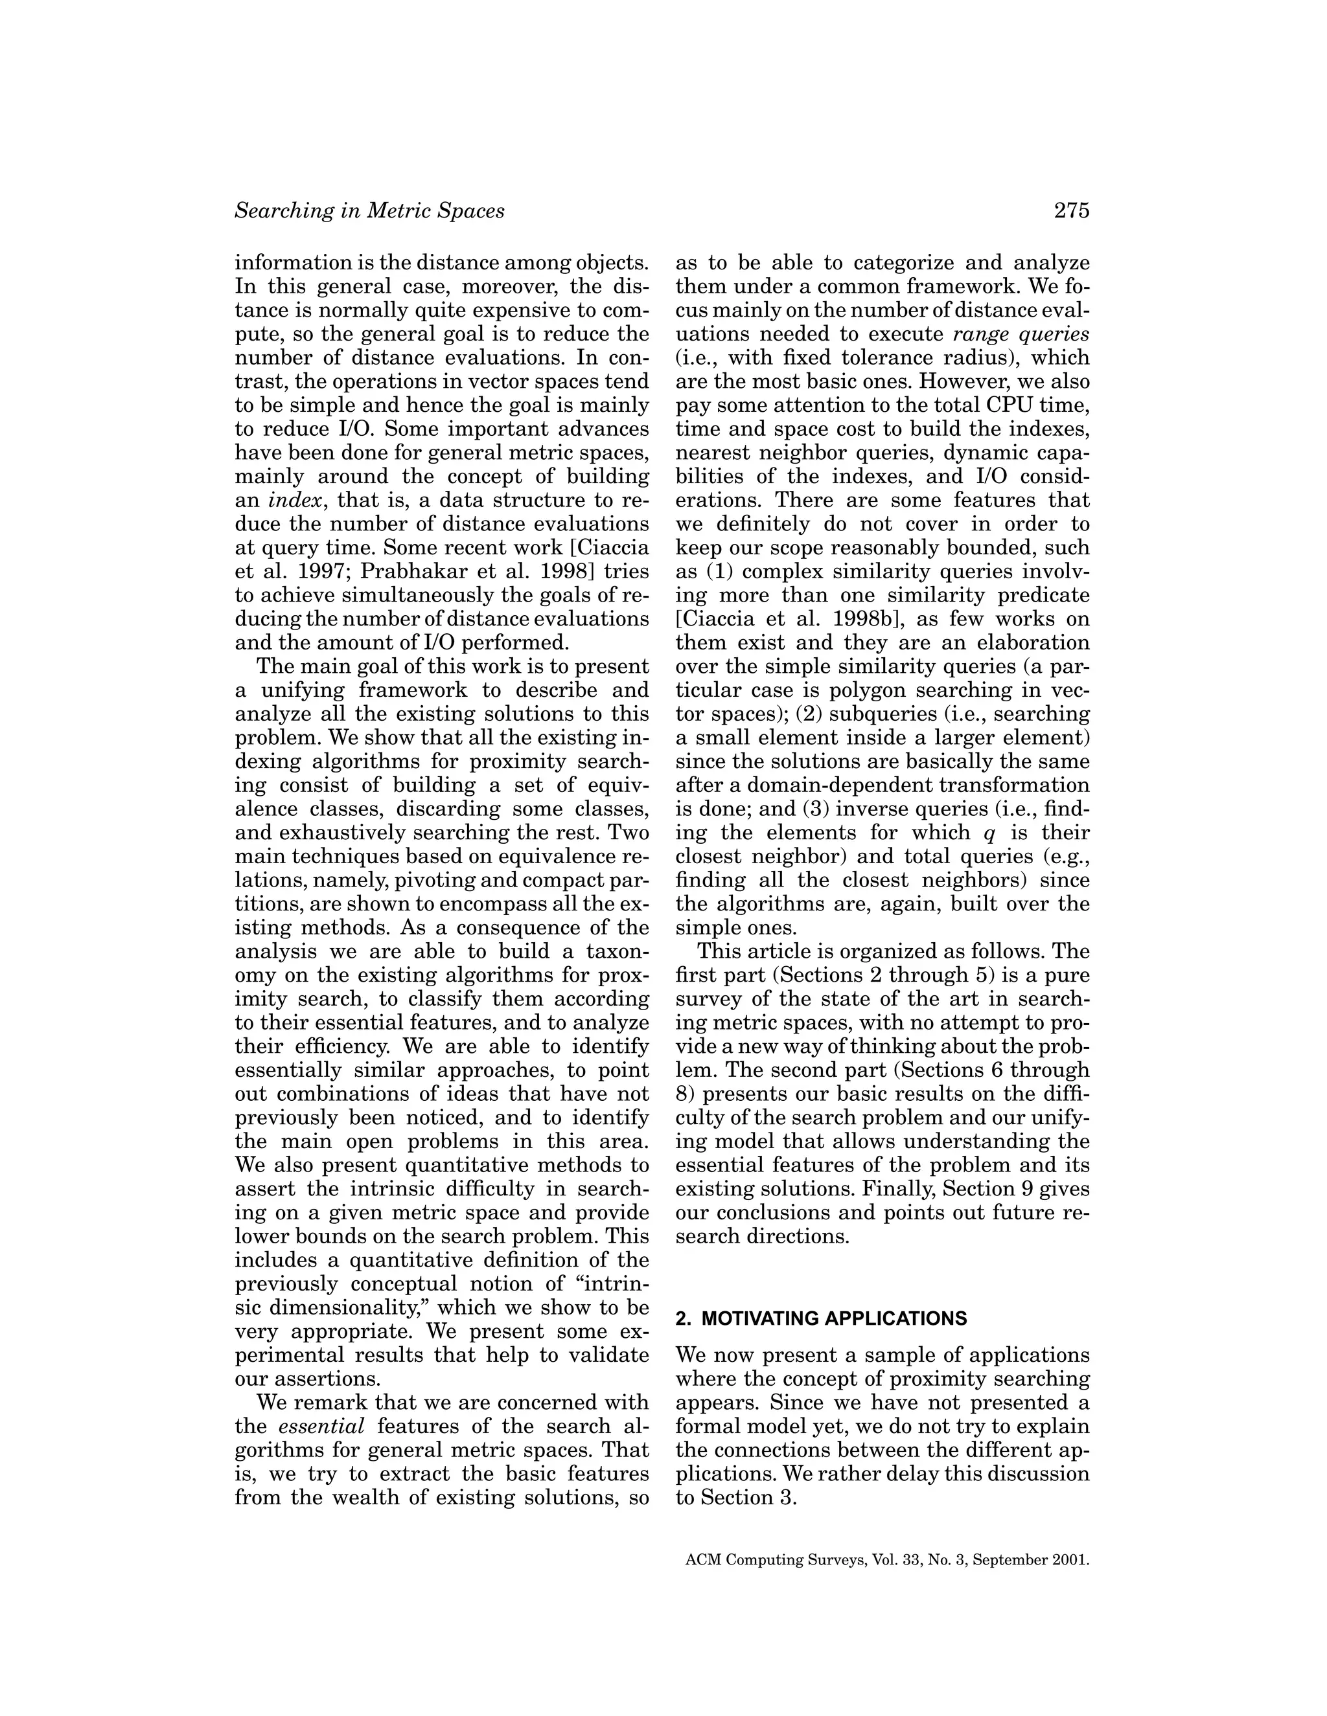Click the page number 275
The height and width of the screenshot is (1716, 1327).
click(1072, 210)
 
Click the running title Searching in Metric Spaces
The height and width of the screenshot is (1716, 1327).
click(369, 210)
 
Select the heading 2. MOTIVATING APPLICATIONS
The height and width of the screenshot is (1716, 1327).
click(821, 1318)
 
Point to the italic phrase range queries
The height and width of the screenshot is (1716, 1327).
click(1021, 334)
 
